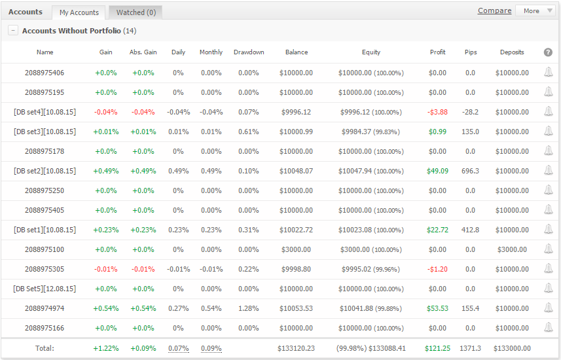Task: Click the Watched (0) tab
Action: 136,12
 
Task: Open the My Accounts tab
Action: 79,12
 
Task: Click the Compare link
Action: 494,10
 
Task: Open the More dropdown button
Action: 535,10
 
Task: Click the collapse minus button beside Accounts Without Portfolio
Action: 13,30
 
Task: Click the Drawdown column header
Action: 249,52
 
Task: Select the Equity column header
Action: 371,52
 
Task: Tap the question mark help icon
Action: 548,52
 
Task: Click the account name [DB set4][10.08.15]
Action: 45,112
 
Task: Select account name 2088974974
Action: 45,308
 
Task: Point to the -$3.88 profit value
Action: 437,112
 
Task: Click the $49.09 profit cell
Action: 437,171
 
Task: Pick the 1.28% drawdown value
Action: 248,308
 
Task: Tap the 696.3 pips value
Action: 470,171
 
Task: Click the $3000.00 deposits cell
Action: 512,249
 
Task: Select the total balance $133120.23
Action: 296,348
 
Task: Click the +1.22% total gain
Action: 106,348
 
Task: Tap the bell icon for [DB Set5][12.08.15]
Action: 548,288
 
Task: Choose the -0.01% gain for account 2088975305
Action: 105,269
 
